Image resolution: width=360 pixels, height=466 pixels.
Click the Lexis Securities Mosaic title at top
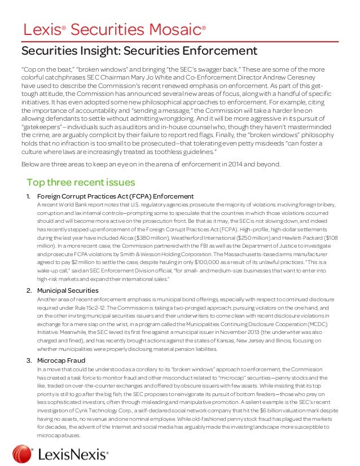pos(113,29)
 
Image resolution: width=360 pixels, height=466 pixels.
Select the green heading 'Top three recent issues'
pos(81,182)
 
